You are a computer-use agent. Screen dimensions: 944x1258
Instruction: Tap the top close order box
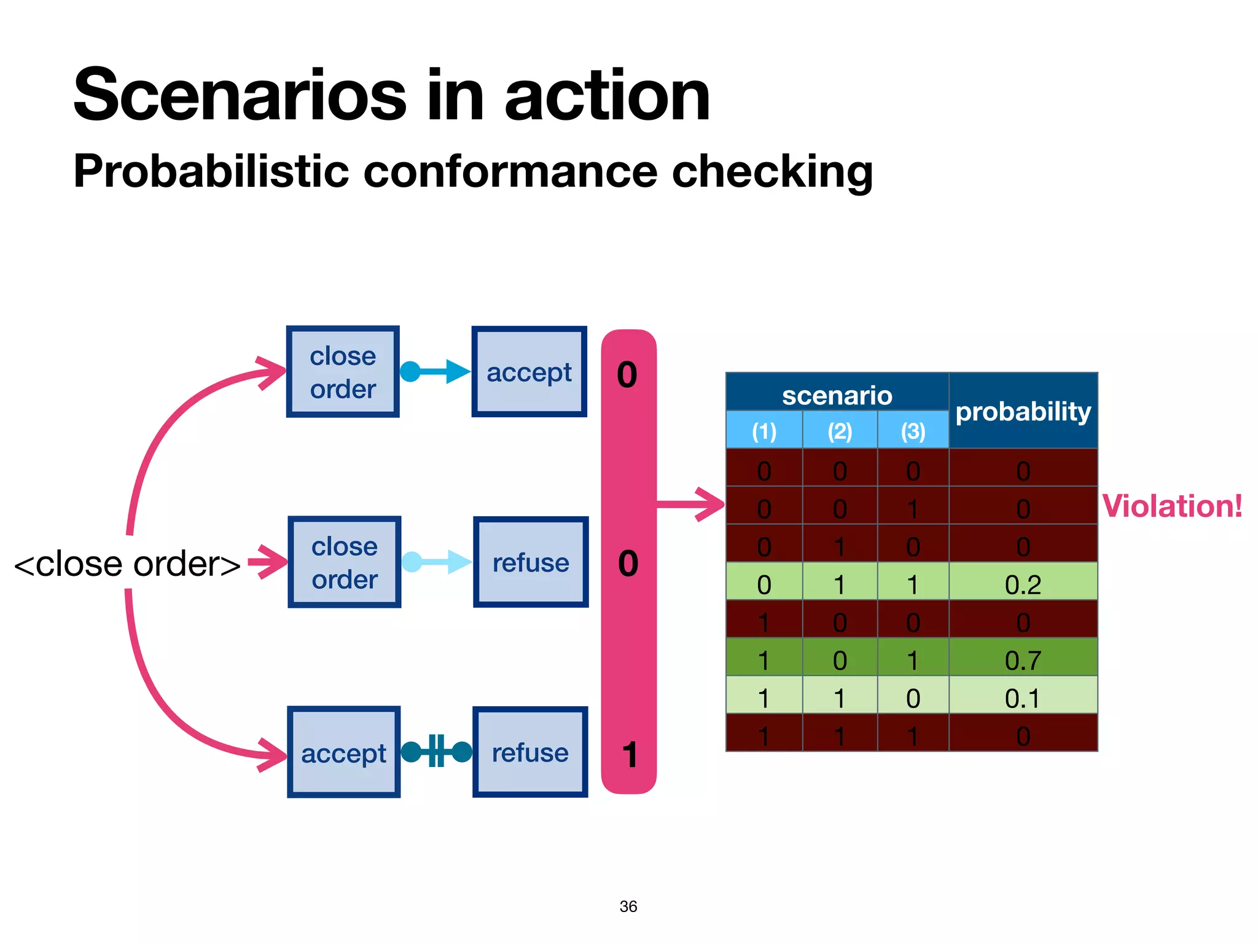pyautogui.click(x=343, y=372)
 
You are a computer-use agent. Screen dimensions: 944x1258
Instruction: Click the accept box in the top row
pyautogui.click(x=529, y=372)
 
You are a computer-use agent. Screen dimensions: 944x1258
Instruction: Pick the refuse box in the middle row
pyautogui.click(x=531, y=562)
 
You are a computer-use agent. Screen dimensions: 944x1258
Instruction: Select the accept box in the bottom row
pyautogui.click(x=343, y=752)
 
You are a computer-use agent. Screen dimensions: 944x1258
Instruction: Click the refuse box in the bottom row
pyautogui.click(x=530, y=752)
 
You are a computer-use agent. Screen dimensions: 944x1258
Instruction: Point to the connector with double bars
pyautogui.click(x=436, y=751)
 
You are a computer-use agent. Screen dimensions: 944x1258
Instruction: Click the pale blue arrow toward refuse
pyautogui.click(x=437, y=562)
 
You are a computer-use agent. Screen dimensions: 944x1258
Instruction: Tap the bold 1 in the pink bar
pyautogui.click(x=629, y=755)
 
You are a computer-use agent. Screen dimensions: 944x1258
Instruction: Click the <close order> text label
pyautogui.click(x=127, y=564)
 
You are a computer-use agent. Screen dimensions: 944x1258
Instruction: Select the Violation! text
pyautogui.click(x=1172, y=506)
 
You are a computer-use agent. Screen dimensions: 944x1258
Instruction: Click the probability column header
pyautogui.click(x=1023, y=411)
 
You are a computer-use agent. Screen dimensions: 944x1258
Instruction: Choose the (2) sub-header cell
pyautogui.click(x=840, y=430)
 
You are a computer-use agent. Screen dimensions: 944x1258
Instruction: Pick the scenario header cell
pyautogui.click(x=837, y=395)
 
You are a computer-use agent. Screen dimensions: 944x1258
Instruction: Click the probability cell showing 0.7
pyautogui.click(x=1023, y=659)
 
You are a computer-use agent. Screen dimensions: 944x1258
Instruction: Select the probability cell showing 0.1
pyautogui.click(x=1023, y=698)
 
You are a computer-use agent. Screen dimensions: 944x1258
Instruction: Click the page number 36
pyautogui.click(x=628, y=906)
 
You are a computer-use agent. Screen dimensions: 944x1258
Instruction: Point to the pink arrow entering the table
pyautogui.click(x=691, y=505)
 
